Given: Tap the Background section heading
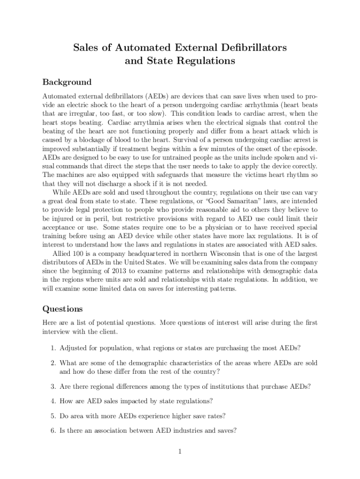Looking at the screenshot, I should tap(67, 82).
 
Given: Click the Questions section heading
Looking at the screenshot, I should tap(63, 309).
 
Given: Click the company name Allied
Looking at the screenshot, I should tap(62, 253).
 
